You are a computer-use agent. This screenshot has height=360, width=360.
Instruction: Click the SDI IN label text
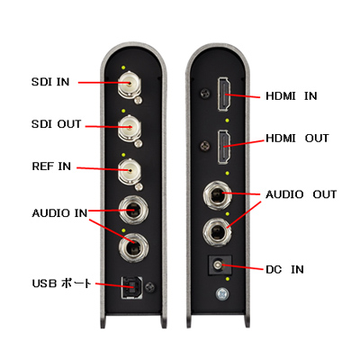pos(50,82)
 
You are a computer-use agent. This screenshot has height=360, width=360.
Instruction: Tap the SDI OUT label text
pos(57,124)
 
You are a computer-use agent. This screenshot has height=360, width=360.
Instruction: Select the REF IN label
pos(51,166)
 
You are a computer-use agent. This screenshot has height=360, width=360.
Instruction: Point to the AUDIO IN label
pos(59,213)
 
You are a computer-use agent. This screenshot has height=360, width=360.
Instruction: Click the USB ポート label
pos(61,283)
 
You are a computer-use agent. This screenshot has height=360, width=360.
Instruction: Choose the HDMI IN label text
pos(292,96)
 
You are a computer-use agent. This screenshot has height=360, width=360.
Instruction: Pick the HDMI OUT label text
pos(297,139)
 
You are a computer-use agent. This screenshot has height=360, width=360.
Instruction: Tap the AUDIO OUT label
pos(301,194)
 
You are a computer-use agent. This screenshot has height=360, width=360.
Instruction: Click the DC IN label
pos(284,269)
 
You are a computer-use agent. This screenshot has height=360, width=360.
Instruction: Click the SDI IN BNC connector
pos(129,84)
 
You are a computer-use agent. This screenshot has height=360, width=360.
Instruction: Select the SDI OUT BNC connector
pos(129,128)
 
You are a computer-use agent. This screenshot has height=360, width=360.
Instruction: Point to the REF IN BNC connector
pos(129,171)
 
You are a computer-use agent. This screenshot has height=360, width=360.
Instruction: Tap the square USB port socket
pos(130,287)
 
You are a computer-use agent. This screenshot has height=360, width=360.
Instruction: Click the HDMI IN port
pos(224,94)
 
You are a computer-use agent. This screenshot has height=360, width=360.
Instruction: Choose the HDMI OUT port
pos(224,147)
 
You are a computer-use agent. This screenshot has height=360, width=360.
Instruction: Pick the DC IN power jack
pos(220,265)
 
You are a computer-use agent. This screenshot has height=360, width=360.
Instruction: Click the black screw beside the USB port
pos(150,287)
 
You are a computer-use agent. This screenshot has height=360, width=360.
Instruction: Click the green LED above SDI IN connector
pos(123,67)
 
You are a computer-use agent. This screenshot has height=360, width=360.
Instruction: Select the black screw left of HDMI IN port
pos(205,94)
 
